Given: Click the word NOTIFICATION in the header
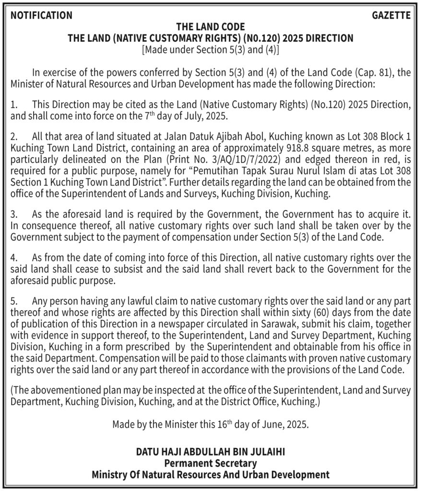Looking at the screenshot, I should click(41, 15).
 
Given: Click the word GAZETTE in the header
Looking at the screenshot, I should click(391, 15).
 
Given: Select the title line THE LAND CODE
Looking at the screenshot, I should click(211, 27).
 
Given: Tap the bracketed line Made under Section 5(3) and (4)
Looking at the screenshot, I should click(211, 49).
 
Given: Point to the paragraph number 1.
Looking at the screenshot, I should click(14, 105).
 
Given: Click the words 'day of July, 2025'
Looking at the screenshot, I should click(187, 117).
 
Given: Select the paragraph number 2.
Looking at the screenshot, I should click(14, 138).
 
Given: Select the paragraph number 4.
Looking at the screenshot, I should click(14, 258).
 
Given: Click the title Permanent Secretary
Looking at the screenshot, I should click(211, 463).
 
